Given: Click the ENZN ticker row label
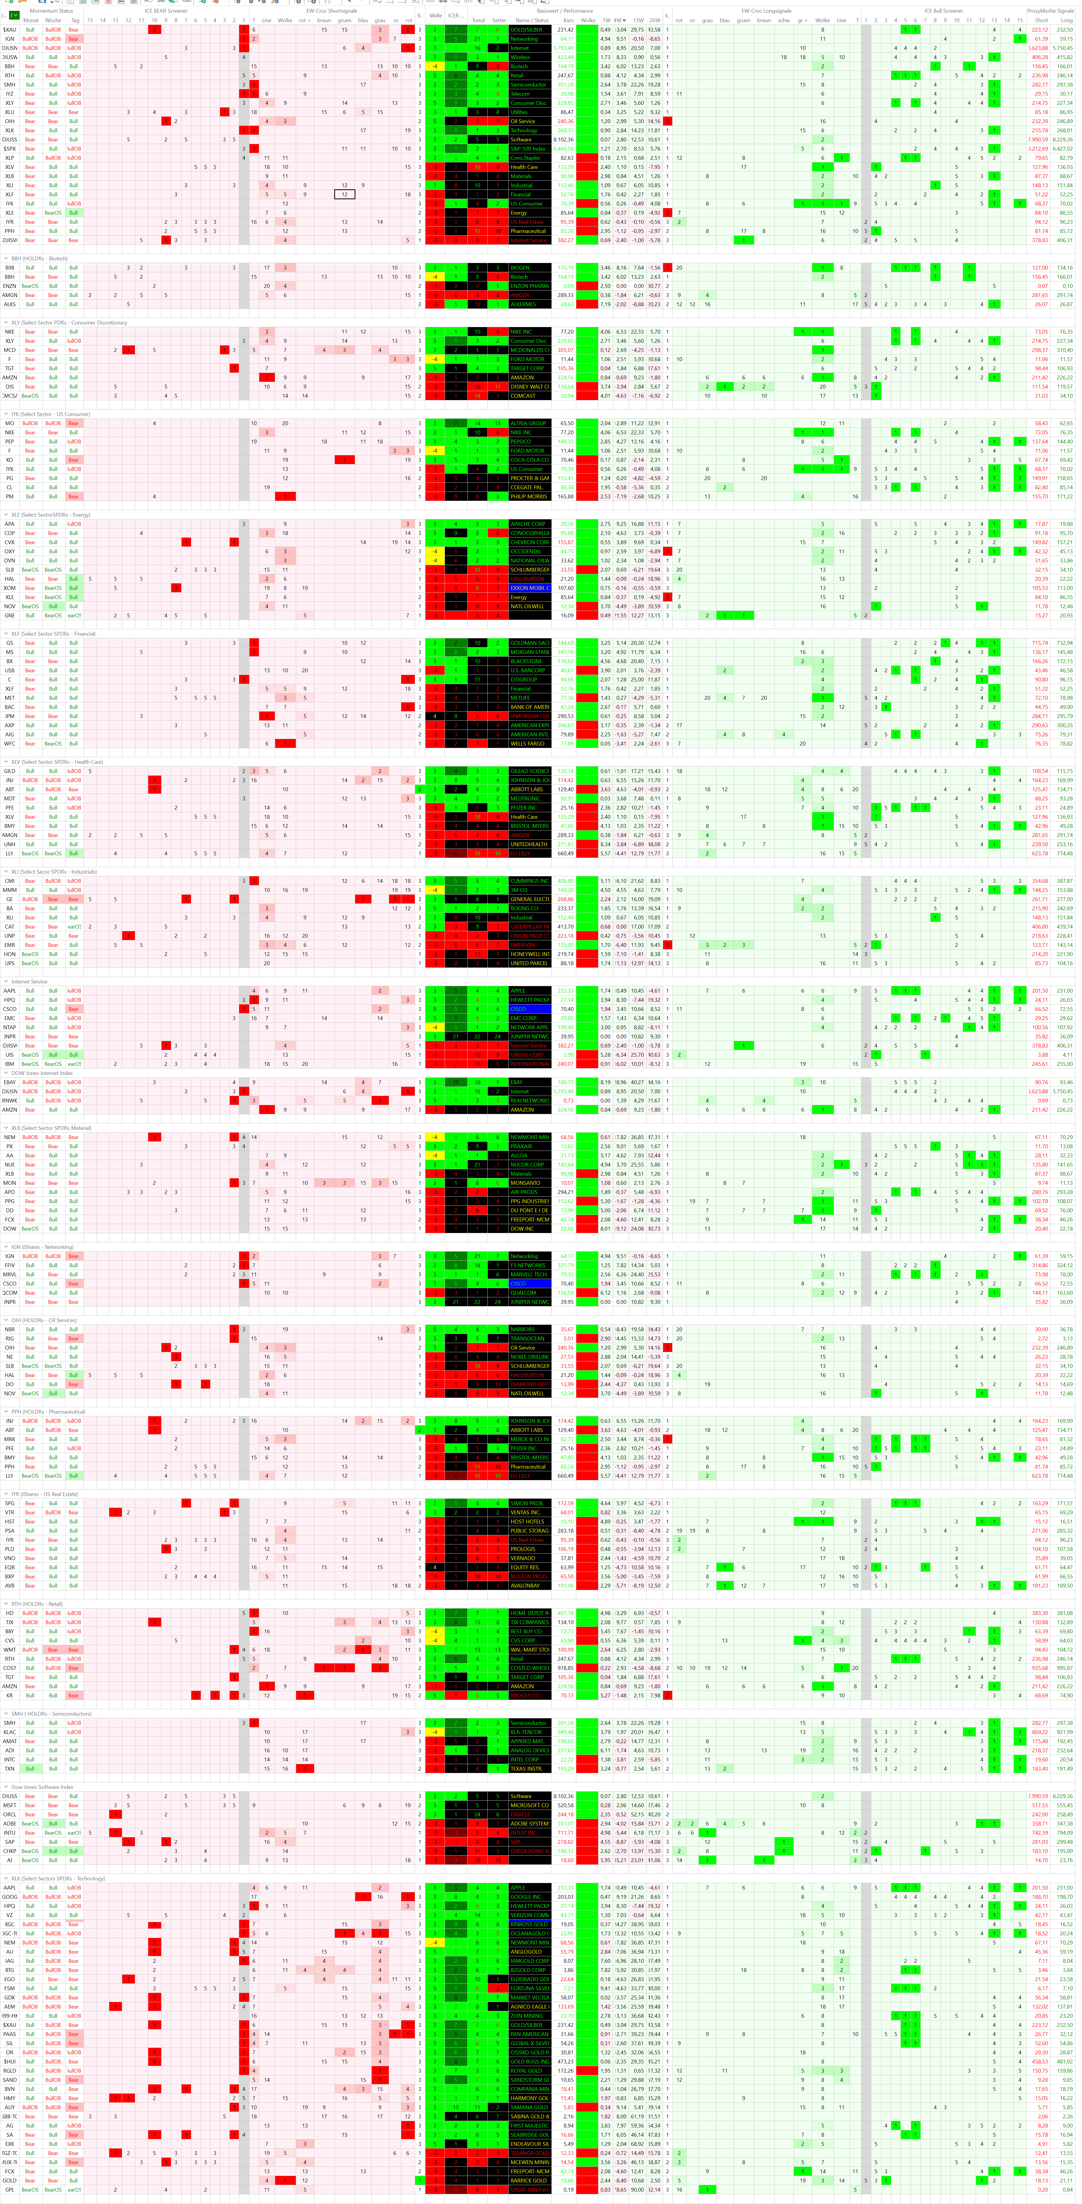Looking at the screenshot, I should pyautogui.click(x=9, y=286).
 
